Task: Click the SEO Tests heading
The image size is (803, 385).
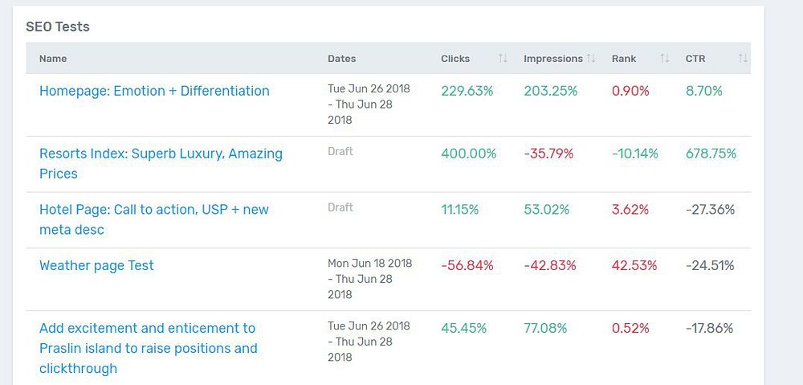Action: click(58, 27)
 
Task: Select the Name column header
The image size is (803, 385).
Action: click(53, 59)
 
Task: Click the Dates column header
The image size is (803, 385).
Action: click(341, 59)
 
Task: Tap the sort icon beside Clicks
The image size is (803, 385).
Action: click(503, 59)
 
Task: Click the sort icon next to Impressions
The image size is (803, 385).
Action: click(591, 59)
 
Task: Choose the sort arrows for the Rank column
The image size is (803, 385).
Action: click(664, 59)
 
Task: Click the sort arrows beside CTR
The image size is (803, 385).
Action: click(743, 59)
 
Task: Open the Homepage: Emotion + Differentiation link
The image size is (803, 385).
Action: click(154, 91)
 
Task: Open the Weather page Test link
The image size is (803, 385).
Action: click(96, 265)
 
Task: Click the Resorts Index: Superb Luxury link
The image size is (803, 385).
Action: click(161, 154)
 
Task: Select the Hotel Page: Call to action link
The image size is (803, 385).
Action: click(154, 210)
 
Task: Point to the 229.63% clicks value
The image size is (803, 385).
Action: click(467, 91)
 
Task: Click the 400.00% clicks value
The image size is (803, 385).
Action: click(468, 154)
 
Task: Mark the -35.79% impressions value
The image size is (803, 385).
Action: click(548, 154)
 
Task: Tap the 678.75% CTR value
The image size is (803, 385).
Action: click(711, 154)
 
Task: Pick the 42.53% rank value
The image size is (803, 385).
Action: click(634, 265)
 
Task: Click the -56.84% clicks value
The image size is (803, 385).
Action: click(467, 265)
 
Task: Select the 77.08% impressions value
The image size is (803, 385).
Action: click(545, 328)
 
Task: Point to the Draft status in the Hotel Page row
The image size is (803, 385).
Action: click(340, 207)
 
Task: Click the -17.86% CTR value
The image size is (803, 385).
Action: click(709, 328)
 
